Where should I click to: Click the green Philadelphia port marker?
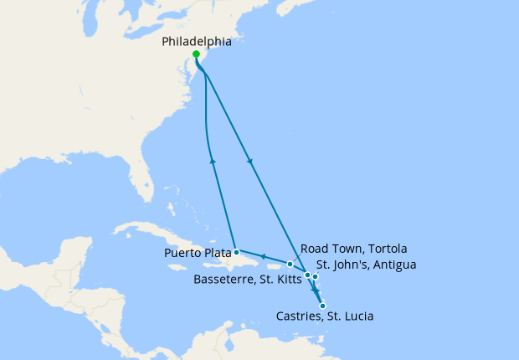tap(196, 54)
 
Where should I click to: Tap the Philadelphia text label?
tap(196, 39)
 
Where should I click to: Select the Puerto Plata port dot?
tap(237, 251)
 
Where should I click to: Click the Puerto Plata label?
tap(197, 250)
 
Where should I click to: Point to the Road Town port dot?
tap(290, 265)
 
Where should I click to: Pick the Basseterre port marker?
tap(308, 275)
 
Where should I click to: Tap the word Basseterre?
tap(224, 279)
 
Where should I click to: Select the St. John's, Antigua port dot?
tap(316, 276)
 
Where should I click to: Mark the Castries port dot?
tap(323, 306)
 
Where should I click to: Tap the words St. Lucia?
tap(351, 316)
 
